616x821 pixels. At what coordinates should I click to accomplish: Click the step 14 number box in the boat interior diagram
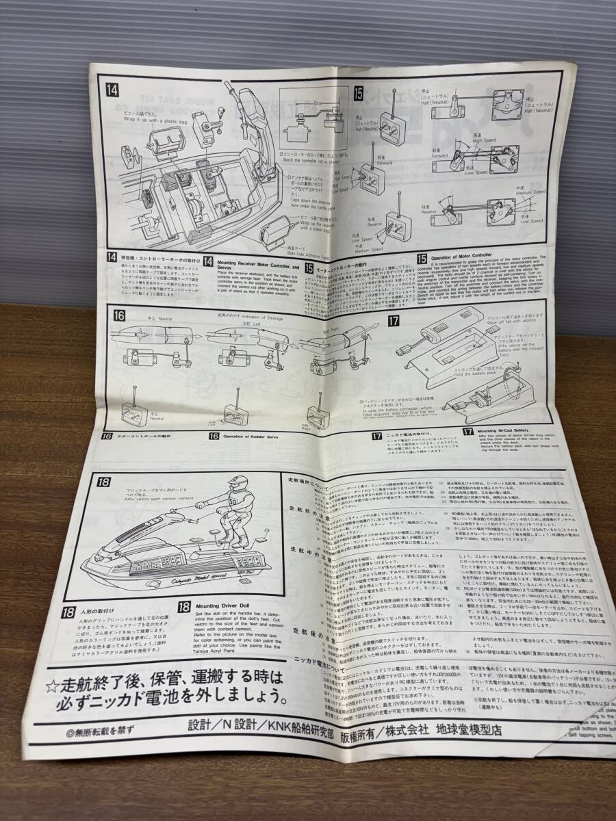tap(112, 90)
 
